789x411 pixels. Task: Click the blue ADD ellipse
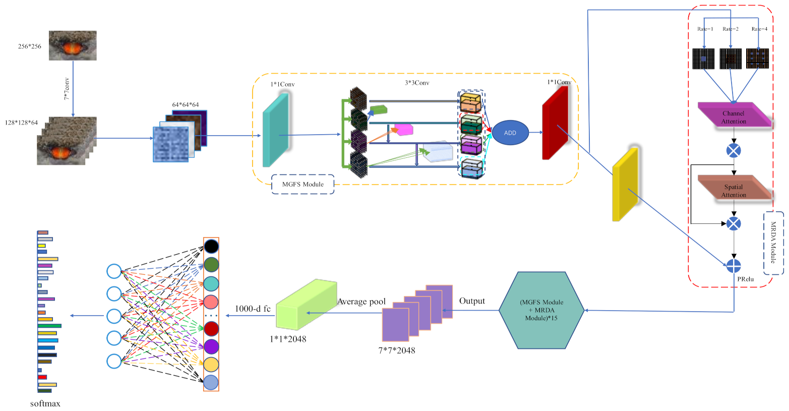[x=510, y=133]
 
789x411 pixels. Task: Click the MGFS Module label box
[x=302, y=184]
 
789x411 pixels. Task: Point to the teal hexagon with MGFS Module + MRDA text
[x=542, y=310]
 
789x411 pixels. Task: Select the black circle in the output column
[x=211, y=246]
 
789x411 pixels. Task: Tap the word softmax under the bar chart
[x=45, y=403]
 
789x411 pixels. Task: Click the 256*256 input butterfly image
[x=73, y=45]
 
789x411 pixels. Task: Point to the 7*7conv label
[x=67, y=89]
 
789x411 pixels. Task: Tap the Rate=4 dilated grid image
[x=757, y=58]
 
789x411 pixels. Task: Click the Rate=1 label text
[x=705, y=29]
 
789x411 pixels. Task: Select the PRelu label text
[x=746, y=279]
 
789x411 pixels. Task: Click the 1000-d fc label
[x=253, y=309]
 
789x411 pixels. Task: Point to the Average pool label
[x=361, y=302]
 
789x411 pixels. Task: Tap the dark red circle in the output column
[x=211, y=329]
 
